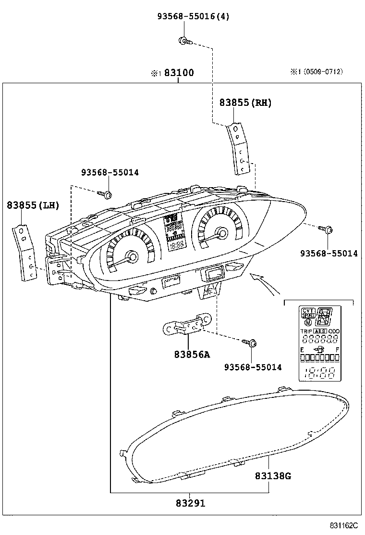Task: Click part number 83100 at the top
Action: (x=179, y=73)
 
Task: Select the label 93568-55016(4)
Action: (x=193, y=16)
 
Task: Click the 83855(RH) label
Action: (x=245, y=102)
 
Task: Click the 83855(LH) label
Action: (x=33, y=205)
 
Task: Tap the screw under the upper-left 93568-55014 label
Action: (x=106, y=194)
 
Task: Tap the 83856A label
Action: (x=192, y=355)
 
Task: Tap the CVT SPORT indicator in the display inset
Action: (x=308, y=313)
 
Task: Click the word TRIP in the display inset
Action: (x=306, y=331)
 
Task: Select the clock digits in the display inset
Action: (x=319, y=372)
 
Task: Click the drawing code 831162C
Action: (x=343, y=526)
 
